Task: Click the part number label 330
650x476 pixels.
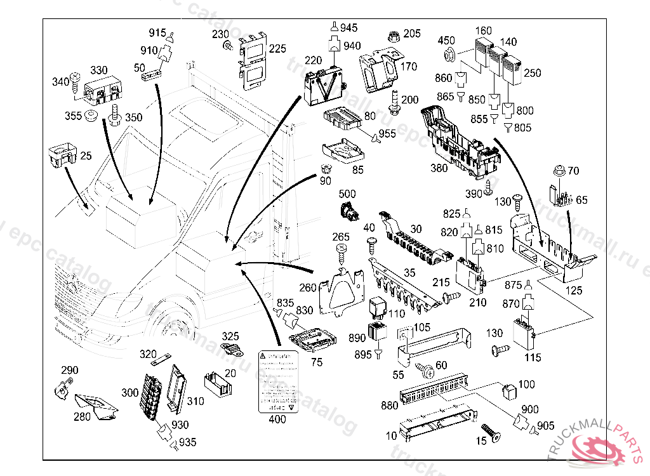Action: click(98, 69)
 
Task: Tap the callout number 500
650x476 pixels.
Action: click(347, 194)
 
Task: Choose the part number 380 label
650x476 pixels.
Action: click(439, 169)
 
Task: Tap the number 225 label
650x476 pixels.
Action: click(277, 48)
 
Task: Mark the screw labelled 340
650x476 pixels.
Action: click(74, 79)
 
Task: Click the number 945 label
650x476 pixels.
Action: click(348, 28)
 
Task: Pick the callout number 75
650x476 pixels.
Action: click(317, 362)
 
